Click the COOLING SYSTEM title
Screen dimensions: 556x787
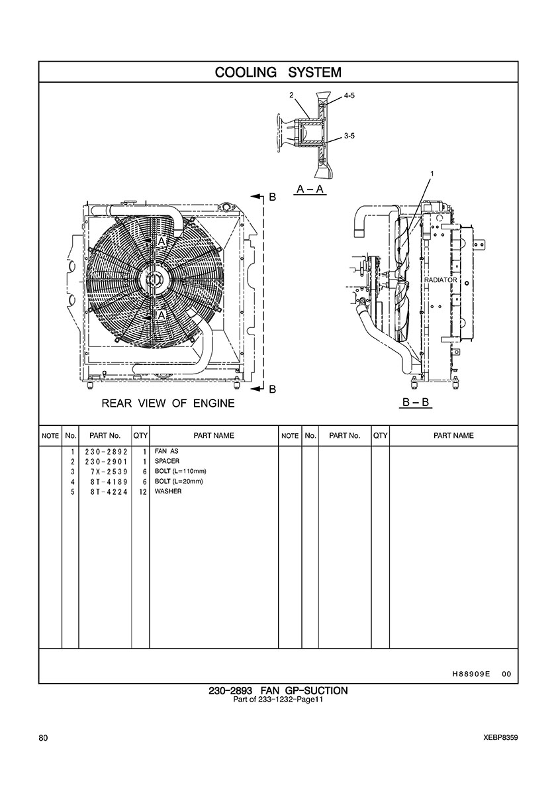(278, 72)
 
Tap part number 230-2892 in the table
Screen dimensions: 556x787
(106, 451)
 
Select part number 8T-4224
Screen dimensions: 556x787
(109, 492)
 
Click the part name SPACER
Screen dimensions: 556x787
(167, 461)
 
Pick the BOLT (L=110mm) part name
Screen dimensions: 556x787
(181, 471)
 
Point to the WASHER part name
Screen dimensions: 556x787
(168, 492)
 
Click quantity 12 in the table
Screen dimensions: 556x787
(142, 492)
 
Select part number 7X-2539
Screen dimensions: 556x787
(109, 471)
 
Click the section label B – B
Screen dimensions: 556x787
(416, 402)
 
